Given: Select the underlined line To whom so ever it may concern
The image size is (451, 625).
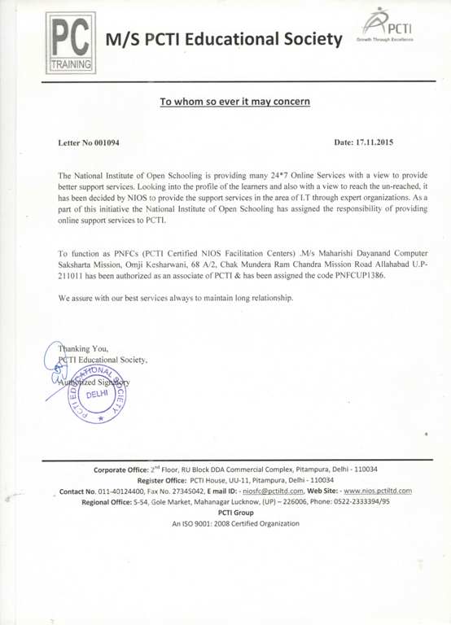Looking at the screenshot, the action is tap(234, 103).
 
